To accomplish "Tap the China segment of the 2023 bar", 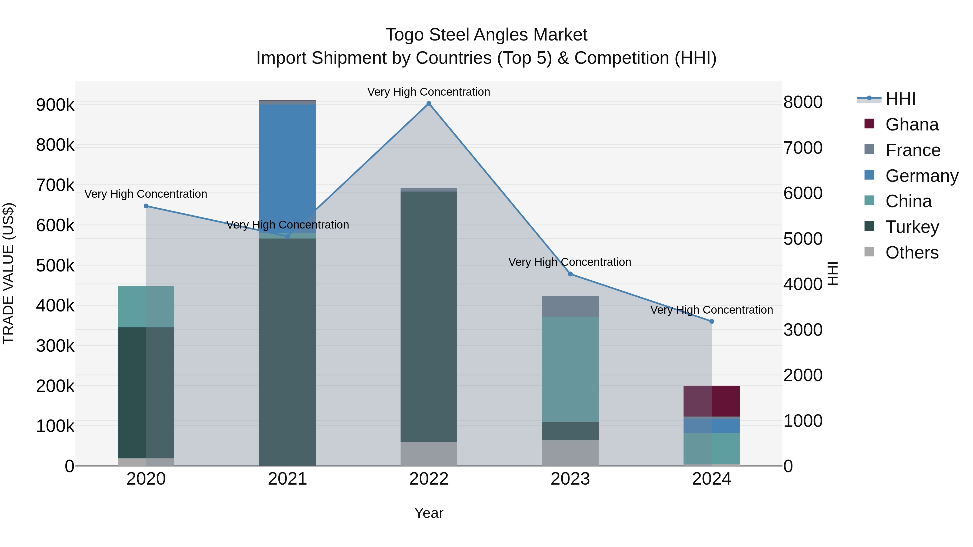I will pyautogui.click(x=570, y=369).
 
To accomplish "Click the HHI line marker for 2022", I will pyautogui.click(x=429, y=103).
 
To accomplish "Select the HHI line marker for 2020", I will pyautogui.click(x=146, y=206).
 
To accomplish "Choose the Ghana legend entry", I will pyautogui.click(x=911, y=125).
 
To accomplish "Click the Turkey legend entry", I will pyautogui.click(x=911, y=227).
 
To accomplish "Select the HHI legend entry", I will pyautogui.click(x=900, y=99).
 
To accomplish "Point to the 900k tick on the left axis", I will pyautogui.click(x=55, y=105).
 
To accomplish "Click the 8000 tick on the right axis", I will pyautogui.click(x=803, y=102).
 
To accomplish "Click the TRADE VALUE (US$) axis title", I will pyautogui.click(x=8, y=273).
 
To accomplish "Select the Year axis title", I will pyautogui.click(x=429, y=513).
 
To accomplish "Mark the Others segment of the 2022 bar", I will pyautogui.click(x=429, y=454).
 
